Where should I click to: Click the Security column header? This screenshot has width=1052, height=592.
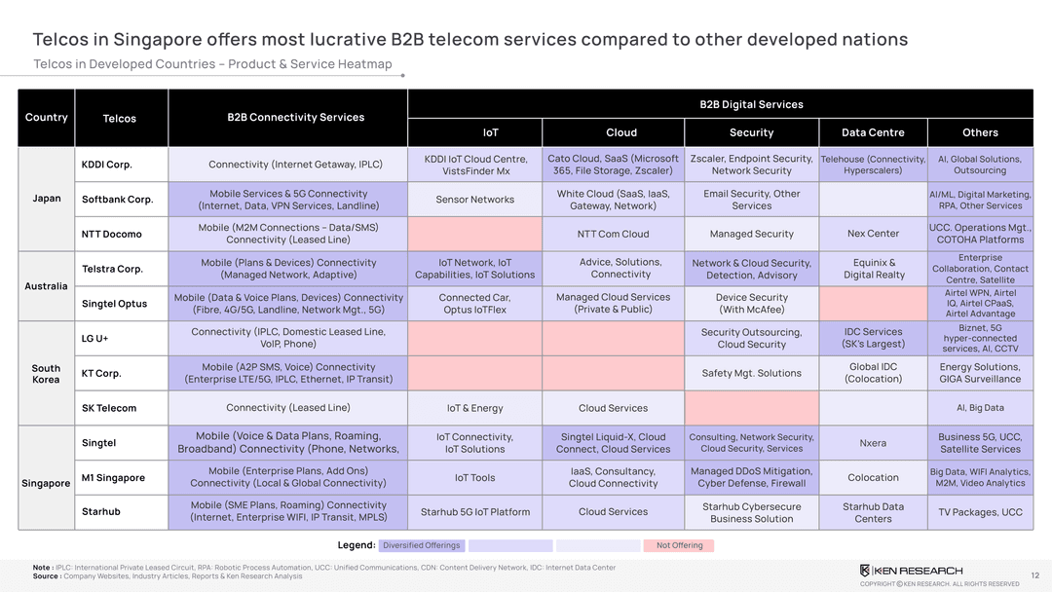point(751,132)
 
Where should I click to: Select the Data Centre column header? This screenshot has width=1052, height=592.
point(873,132)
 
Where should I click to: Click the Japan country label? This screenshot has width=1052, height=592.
point(47,199)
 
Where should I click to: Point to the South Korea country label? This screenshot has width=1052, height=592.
point(46,374)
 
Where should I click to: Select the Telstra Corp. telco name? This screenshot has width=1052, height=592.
point(112,269)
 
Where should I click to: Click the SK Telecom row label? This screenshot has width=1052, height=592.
point(109,408)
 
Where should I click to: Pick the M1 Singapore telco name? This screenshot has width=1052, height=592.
point(113,478)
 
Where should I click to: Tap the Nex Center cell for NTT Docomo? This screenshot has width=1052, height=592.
point(873,234)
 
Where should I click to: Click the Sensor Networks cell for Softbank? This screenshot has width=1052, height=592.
point(475,200)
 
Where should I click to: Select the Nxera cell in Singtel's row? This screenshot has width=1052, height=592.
point(873,443)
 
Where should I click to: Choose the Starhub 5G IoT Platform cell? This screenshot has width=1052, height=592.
point(475,512)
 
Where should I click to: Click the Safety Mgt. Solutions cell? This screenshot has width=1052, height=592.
point(751,373)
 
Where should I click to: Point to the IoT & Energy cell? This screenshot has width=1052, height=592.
point(475,408)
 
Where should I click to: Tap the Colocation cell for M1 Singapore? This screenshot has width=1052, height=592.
point(873,478)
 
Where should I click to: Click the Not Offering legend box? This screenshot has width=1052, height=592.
point(679,545)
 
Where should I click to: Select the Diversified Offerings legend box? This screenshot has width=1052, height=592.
point(421,545)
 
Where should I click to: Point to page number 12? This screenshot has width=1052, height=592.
point(1034,575)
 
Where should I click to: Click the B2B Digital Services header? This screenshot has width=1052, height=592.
point(751,104)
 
